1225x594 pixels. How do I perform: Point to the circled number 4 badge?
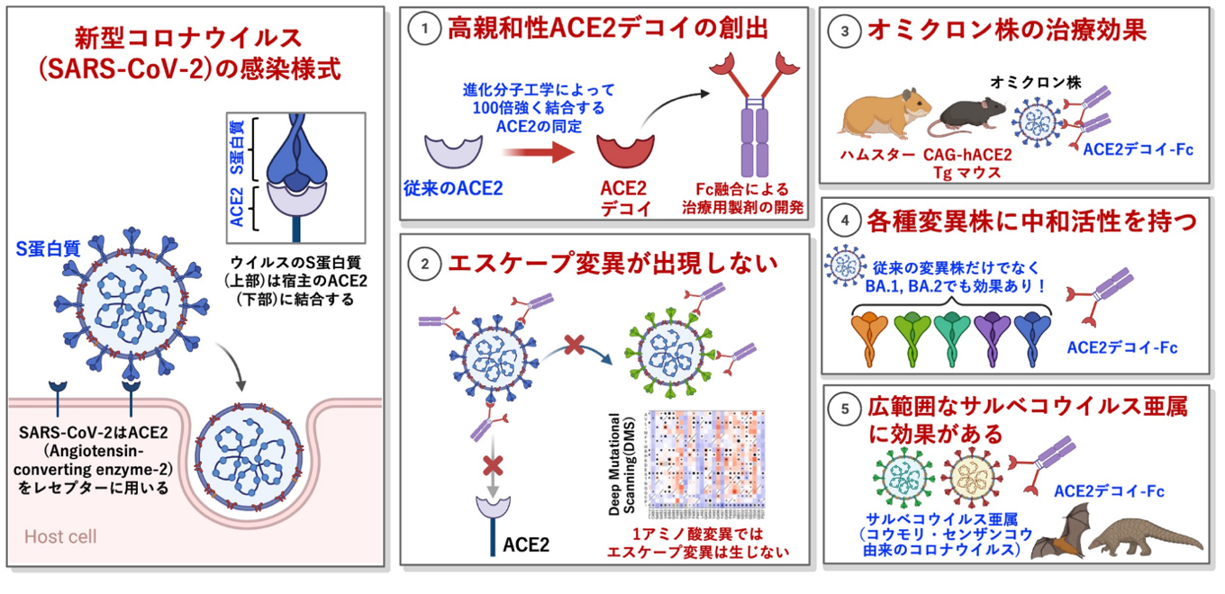tap(844, 218)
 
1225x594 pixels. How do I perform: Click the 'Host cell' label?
tap(60, 537)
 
